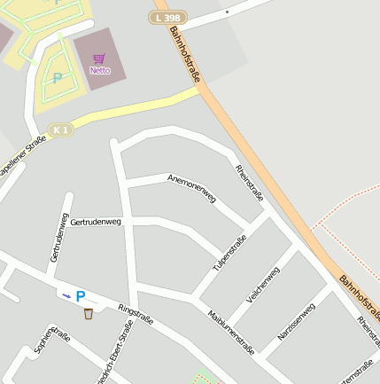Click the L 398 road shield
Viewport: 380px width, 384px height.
tap(168, 18)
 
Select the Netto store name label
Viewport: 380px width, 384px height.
tap(100, 70)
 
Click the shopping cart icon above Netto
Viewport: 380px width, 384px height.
tap(99, 59)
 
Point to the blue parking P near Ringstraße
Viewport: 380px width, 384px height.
tap(80, 296)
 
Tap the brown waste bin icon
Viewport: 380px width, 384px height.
tap(88, 313)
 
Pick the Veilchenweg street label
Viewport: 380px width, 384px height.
tap(262, 286)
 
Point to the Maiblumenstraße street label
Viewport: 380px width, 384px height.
tap(231, 332)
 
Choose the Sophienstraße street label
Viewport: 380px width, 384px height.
tap(51, 341)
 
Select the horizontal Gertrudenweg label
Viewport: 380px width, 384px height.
tap(96, 221)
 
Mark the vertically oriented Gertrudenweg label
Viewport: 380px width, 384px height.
tap(58, 237)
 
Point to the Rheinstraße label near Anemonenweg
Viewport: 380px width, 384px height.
tap(249, 183)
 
